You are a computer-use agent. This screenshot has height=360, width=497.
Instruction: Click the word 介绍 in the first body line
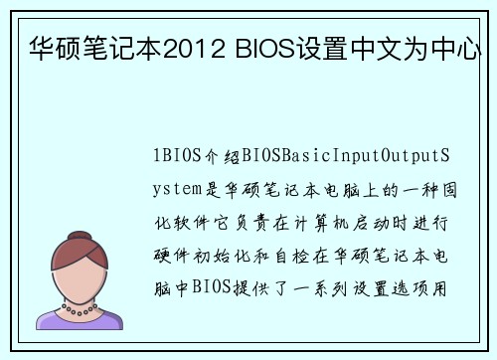pos(218,156)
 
